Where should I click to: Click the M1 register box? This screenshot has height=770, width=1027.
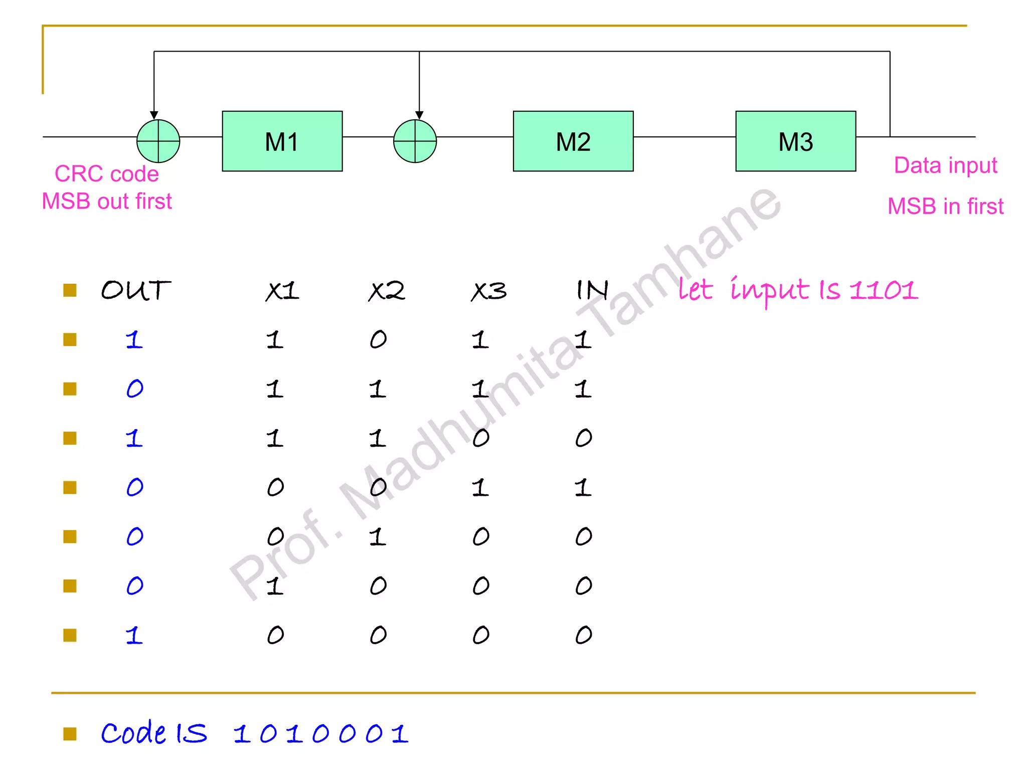[282, 141]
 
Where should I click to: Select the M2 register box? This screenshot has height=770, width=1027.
[573, 141]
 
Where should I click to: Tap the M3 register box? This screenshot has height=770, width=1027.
[796, 141]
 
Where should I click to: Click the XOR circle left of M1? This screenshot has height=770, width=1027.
[158, 141]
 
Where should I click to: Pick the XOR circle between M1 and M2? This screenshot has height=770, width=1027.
[415, 141]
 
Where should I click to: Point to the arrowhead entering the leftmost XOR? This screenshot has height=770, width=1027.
[154, 115]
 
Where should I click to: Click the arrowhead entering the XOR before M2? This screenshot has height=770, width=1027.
[419, 115]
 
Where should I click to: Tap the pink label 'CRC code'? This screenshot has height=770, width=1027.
[106, 174]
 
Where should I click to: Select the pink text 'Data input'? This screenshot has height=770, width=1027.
[946, 165]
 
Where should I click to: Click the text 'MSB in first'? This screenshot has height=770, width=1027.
[946, 206]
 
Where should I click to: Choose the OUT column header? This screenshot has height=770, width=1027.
[135, 291]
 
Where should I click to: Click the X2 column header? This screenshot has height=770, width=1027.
[386, 291]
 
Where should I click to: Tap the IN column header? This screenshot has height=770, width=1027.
[592, 290]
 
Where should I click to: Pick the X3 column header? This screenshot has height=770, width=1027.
[489, 291]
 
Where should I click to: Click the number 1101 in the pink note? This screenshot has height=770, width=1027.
[884, 290]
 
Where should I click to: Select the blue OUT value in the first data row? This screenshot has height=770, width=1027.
[134, 340]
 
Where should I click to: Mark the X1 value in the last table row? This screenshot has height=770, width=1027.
[275, 635]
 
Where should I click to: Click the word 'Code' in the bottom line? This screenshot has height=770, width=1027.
[133, 733]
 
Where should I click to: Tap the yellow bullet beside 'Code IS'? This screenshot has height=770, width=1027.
[70, 734]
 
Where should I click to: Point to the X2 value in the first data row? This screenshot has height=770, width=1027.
[379, 340]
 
